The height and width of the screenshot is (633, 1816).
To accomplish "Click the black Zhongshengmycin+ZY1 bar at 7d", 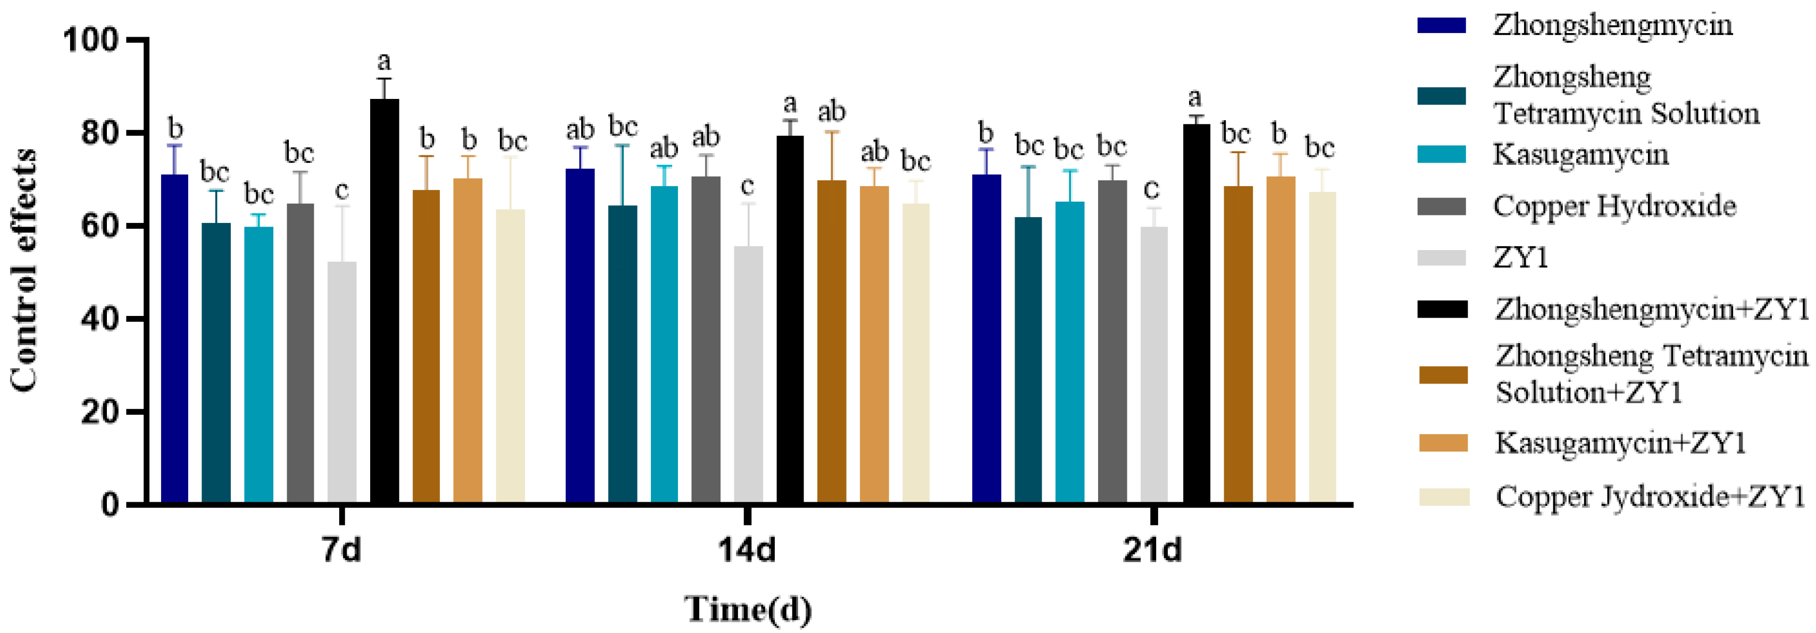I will (x=384, y=303).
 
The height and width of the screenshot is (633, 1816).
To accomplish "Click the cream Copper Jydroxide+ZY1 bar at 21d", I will (x=1322, y=348).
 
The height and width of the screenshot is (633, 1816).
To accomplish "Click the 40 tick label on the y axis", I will (x=99, y=319).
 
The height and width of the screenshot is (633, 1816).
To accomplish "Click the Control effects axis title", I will (x=24, y=271).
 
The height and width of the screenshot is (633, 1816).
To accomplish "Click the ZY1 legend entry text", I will (x=1521, y=258).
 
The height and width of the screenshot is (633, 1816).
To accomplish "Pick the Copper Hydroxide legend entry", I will (x=1614, y=206).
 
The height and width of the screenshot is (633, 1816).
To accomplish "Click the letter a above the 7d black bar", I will (x=384, y=61).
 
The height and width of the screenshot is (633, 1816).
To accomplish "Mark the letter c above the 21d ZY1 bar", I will (x=1151, y=189).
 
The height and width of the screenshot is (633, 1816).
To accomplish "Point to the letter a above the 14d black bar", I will (x=790, y=104).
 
